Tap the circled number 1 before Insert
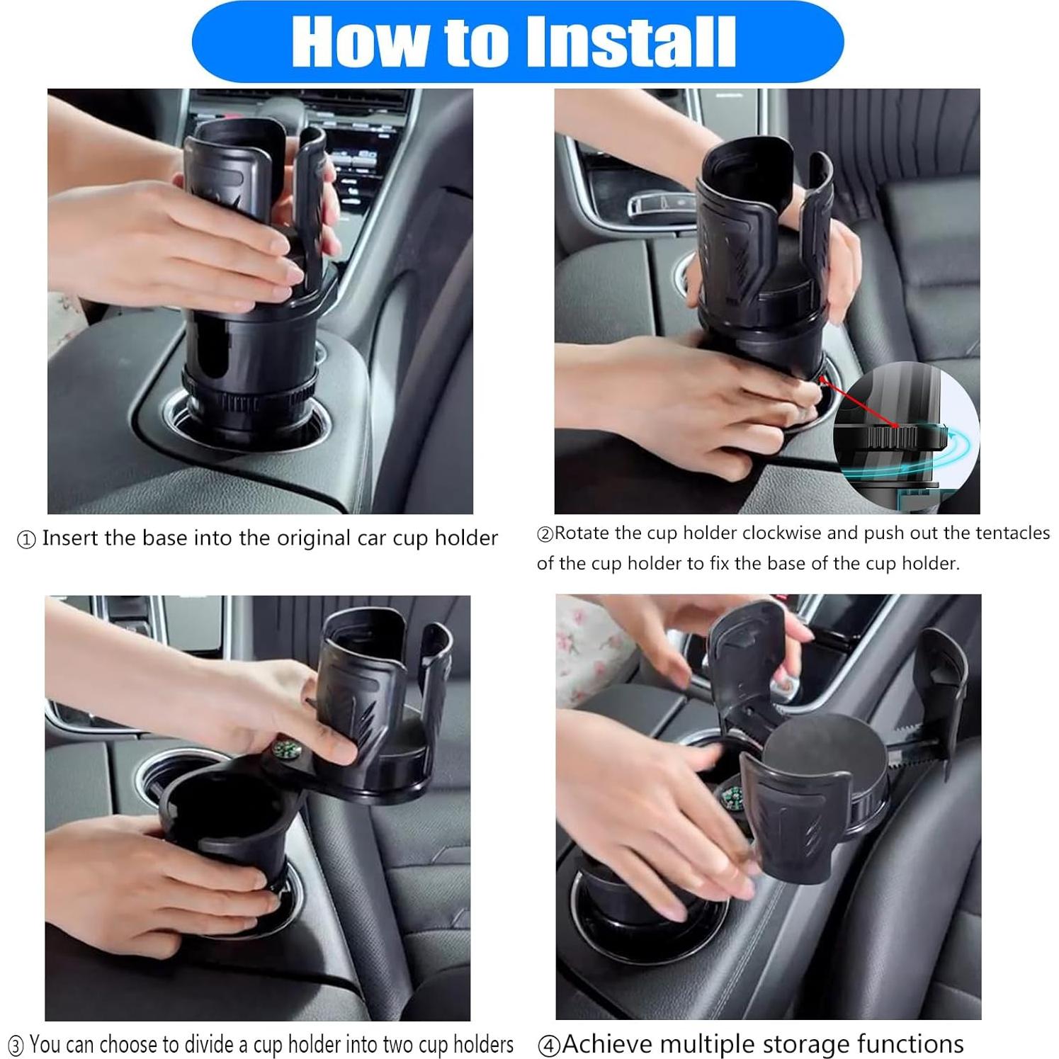coord(26,540)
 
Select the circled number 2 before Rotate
coord(545,534)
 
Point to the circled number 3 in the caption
coord(16,1046)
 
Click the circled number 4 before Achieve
coord(549,1046)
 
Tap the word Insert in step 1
coord(70,538)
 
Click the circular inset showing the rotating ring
coord(907,432)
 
